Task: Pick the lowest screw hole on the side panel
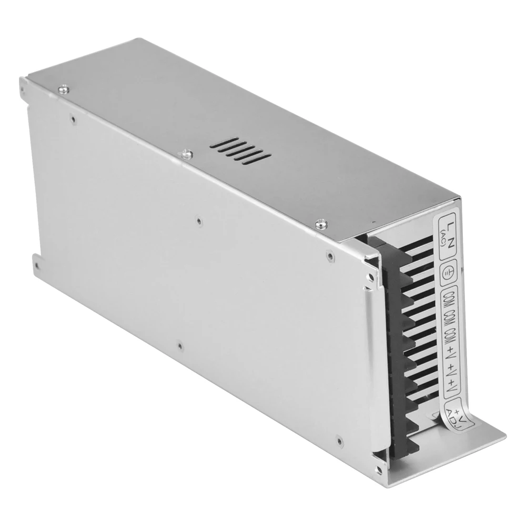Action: coord(180,346)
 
